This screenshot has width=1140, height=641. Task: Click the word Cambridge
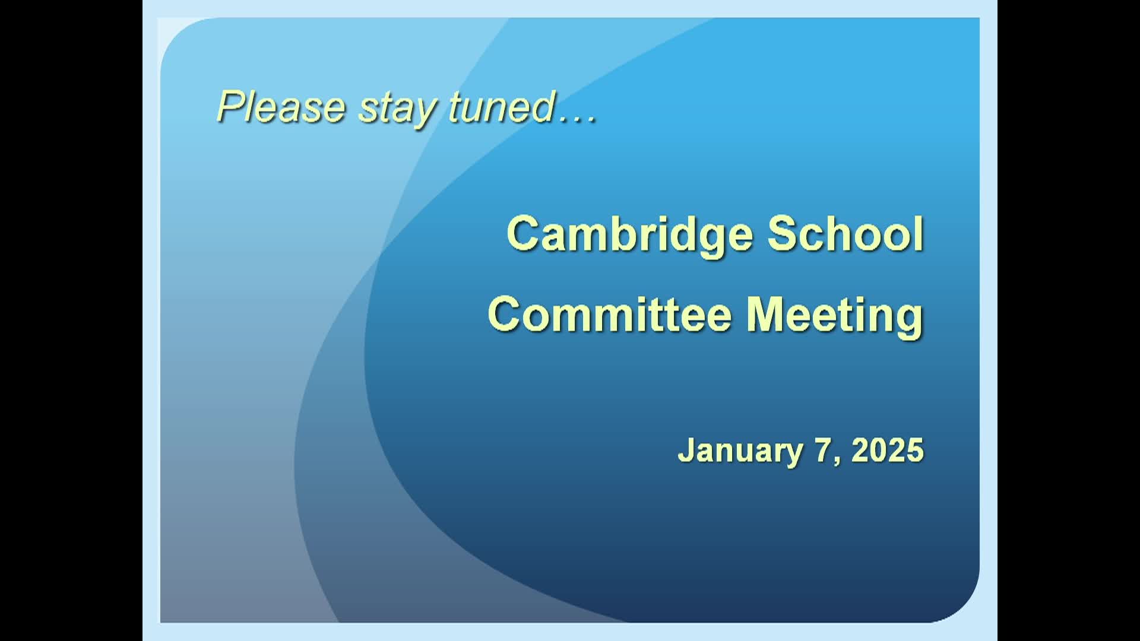[x=630, y=237]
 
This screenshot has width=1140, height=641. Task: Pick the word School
[x=845, y=234]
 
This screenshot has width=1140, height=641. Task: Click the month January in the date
[x=740, y=452]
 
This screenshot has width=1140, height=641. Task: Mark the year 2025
[x=888, y=450]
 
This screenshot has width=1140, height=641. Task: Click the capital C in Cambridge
[x=525, y=234]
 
